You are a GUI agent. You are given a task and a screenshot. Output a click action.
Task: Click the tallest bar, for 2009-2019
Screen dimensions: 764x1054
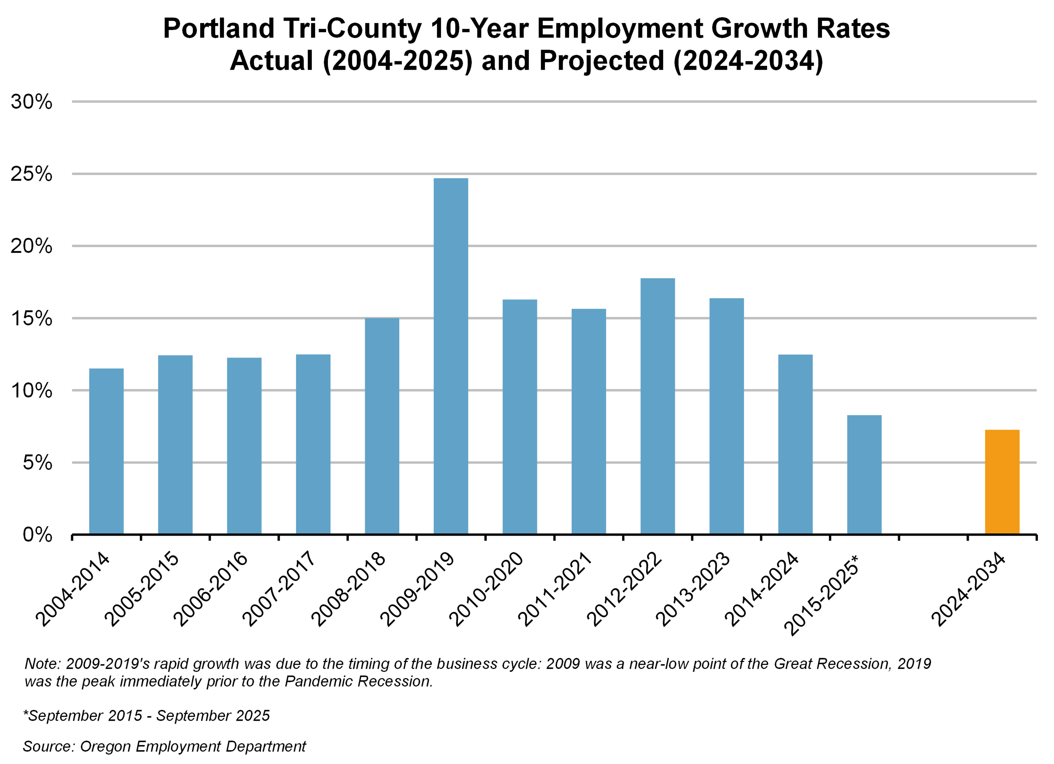click(451, 356)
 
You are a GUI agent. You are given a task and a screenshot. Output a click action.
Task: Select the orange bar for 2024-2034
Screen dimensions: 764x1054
click(1002, 482)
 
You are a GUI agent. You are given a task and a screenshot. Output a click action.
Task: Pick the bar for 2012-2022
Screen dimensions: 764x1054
click(657, 406)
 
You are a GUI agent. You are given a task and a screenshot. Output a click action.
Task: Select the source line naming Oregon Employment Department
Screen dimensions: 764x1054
click(164, 746)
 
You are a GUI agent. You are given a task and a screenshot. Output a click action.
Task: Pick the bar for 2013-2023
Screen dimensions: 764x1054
click(726, 416)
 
